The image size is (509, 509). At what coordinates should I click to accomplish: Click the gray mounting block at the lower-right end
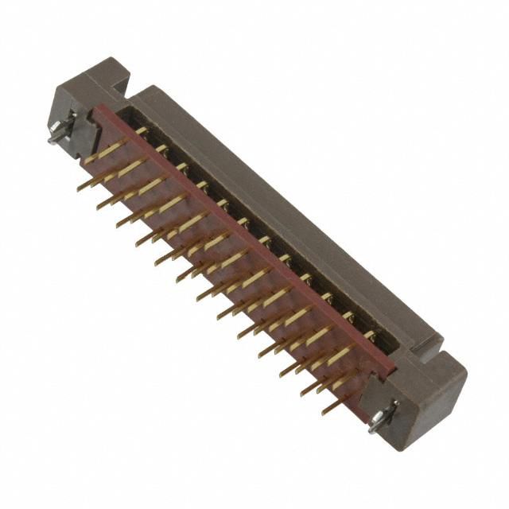point(425,390)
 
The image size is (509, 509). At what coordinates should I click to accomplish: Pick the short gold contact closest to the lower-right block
point(369,335)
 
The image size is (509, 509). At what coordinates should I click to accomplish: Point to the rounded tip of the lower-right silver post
point(374,427)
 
